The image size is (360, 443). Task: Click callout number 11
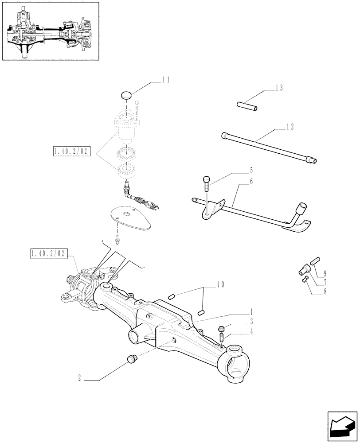click(166, 80)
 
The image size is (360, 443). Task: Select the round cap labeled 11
click(127, 95)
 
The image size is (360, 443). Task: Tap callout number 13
click(279, 88)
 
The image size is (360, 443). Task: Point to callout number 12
click(290, 127)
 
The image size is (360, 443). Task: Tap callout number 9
click(325, 273)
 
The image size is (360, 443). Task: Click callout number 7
click(325, 282)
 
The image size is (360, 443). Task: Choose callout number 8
click(325, 292)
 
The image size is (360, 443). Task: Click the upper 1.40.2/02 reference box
click(71, 152)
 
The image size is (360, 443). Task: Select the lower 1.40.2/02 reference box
click(48, 253)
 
